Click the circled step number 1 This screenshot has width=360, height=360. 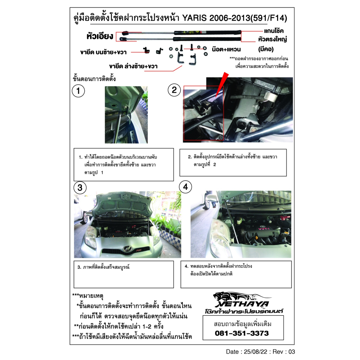click(78, 91)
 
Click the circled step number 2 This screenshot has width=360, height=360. click(174, 90)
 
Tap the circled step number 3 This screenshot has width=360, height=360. click(80, 188)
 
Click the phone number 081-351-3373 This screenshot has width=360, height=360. click(242, 333)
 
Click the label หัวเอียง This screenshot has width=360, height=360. click(99, 36)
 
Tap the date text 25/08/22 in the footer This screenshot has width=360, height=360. click(252, 351)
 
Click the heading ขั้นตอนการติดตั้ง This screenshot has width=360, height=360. click(94, 79)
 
